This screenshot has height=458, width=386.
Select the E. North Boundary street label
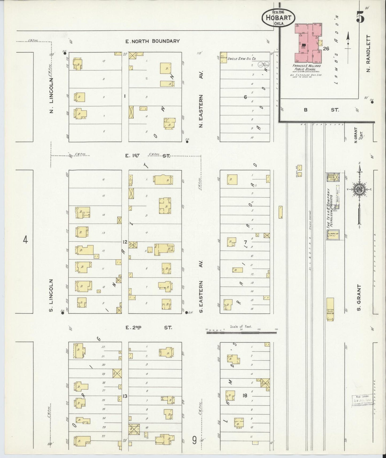[x=153, y=41]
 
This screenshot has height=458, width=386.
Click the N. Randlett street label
[x=369, y=53]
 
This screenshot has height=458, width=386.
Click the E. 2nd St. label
[x=149, y=327]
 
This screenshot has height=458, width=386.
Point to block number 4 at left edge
[x=25, y=240]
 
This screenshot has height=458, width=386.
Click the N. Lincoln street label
[x=52, y=95]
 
